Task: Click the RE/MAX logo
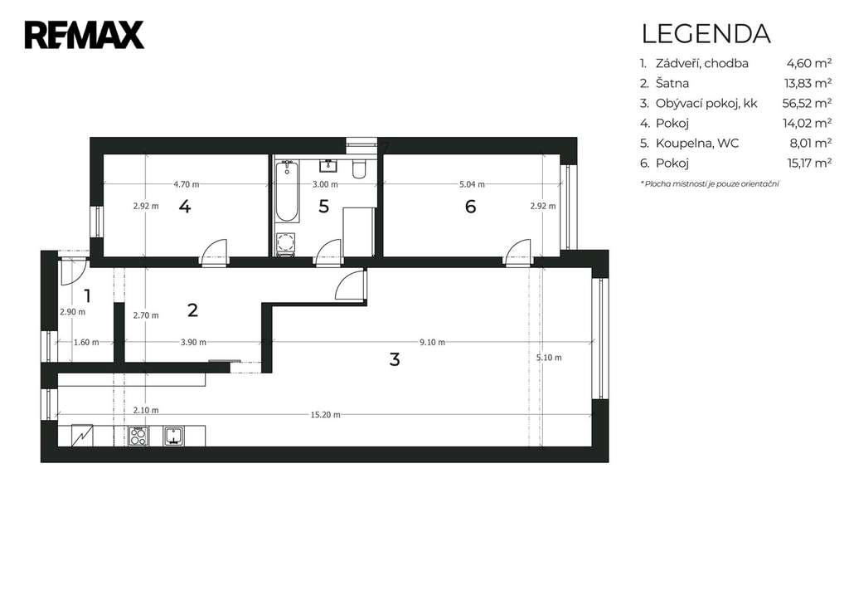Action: tap(85, 35)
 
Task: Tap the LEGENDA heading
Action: tap(706, 33)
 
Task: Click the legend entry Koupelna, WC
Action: tap(696, 143)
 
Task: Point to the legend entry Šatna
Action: tap(672, 83)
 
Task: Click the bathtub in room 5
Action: tap(286, 192)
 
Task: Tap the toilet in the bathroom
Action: tap(359, 168)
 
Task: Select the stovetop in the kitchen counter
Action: tap(138, 437)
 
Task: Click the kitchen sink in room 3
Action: tap(174, 436)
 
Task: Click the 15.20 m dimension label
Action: tap(325, 415)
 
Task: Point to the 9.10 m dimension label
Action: tap(432, 342)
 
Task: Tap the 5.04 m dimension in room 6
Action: tap(472, 184)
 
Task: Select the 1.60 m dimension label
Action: tap(86, 342)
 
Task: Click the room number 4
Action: tap(185, 207)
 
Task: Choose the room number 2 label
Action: tap(192, 310)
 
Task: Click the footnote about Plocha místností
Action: tap(710, 183)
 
